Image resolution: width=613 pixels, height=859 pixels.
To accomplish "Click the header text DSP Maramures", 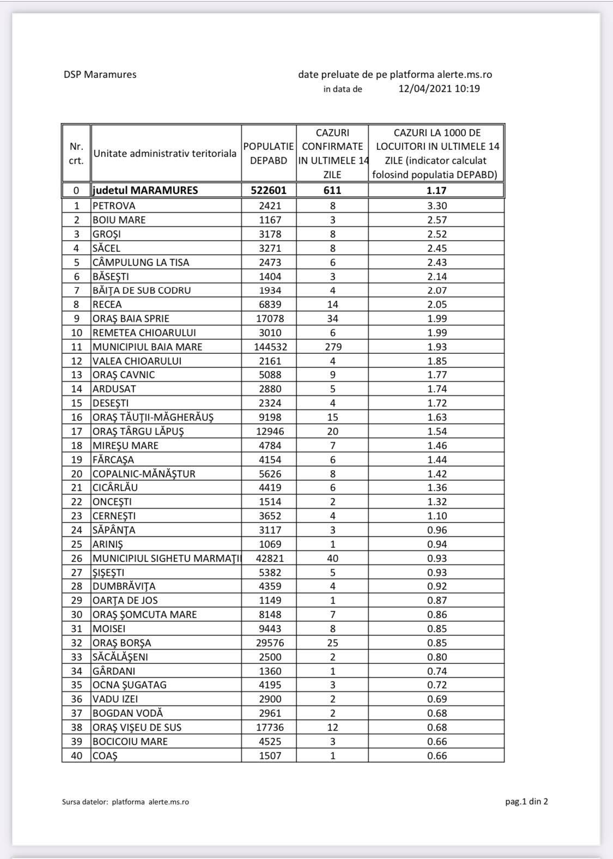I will (x=100, y=75).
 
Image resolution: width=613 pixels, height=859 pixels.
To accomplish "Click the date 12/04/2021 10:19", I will (x=439, y=89).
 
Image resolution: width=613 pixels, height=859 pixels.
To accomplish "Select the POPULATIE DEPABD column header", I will (x=269, y=154).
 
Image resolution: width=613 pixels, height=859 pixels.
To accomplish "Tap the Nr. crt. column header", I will (x=76, y=154).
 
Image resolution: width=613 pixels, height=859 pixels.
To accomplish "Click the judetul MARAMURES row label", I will (x=145, y=190).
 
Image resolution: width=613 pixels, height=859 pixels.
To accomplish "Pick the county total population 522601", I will (x=269, y=190).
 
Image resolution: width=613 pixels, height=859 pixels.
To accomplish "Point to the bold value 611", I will (x=332, y=190).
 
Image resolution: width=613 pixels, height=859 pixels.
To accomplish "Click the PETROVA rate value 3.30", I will (x=437, y=206).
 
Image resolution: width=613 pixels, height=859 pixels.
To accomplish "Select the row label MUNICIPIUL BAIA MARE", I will (x=147, y=347).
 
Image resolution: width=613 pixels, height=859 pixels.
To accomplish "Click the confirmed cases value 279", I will (x=332, y=347).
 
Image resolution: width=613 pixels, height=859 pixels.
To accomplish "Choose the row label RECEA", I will (x=107, y=305).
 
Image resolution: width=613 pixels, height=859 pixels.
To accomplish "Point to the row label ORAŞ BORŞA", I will (x=122, y=643).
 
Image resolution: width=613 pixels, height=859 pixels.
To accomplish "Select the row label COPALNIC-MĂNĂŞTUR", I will (x=144, y=474).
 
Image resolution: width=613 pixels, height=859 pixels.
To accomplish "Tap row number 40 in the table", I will (x=76, y=756).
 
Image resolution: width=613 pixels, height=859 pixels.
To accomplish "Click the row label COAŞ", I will (x=105, y=756).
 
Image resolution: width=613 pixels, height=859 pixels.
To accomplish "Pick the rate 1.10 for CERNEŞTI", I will (x=437, y=516).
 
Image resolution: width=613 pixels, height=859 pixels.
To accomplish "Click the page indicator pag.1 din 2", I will (x=526, y=801).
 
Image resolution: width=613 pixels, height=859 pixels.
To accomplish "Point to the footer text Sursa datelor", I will (x=85, y=802).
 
